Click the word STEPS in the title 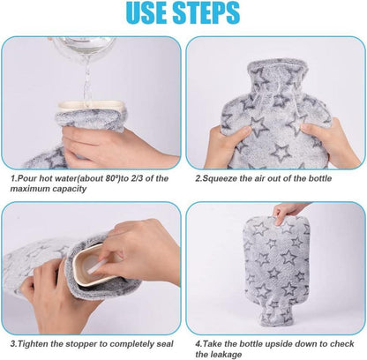[206, 12]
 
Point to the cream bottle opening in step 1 [90, 107]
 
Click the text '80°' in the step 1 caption [112, 178]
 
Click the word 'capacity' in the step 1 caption [70, 189]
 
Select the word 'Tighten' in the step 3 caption [34, 344]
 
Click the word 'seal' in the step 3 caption [165, 344]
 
